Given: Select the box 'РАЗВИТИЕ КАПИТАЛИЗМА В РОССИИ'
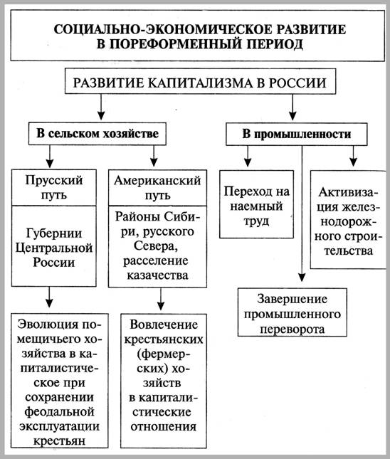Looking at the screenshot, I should point(195,83).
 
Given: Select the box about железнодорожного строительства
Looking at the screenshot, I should point(346,222).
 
